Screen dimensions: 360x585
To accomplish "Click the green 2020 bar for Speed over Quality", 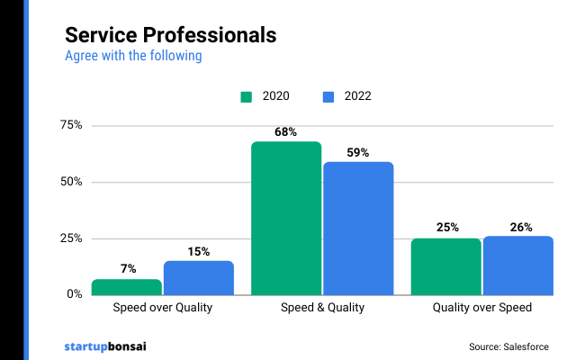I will click(127, 287).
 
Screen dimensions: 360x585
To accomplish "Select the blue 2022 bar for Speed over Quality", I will click(199, 278).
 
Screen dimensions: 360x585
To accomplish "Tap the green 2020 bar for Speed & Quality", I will click(286, 219).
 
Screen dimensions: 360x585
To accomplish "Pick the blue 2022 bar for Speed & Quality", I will click(358, 229).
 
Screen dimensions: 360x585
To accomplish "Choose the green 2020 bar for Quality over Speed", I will click(446, 266).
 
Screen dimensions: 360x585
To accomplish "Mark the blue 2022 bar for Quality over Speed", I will click(518, 265).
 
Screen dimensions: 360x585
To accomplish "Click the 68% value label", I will click(286, 132).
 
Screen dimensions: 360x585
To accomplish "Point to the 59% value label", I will click(358, 152).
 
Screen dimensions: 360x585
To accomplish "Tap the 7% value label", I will click(127, 269).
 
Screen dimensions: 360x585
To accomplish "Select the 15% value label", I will click(199, 251).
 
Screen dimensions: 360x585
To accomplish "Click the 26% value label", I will click(519, 227).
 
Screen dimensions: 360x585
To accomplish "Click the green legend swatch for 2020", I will click(247, 96).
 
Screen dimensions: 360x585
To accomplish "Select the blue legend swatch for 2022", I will click(328, 96).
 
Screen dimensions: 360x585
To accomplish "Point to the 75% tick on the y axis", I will click(71, 125).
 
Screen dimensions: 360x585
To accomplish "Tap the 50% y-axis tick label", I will click(71, 182).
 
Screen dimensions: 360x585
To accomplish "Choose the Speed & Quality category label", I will click(322, 308).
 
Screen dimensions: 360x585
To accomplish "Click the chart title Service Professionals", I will click(170, 35).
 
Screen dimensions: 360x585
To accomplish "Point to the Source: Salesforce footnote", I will click(508, 346).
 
